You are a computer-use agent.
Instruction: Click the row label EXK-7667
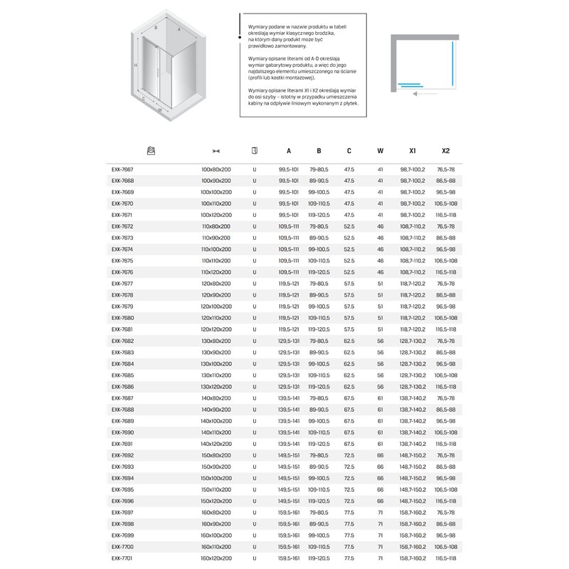[122, 169]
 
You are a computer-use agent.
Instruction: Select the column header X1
[413, 151]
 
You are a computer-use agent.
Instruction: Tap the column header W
[381, 151]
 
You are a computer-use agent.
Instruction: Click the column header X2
[446, 151]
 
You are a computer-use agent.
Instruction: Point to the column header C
[349, 151]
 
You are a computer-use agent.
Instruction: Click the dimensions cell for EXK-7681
[216, 329]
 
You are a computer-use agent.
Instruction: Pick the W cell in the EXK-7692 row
[381, 455]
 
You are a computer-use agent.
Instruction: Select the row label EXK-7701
[122, 558]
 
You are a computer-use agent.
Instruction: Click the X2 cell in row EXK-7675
[446, 261]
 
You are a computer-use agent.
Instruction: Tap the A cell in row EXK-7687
[288, 398]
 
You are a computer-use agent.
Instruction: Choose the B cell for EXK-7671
[319, 215]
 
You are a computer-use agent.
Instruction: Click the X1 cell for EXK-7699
[413, 536]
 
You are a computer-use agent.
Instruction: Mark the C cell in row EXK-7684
[349, 364]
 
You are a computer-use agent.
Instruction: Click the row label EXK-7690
[122, 432]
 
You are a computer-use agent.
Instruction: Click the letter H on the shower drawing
[135, 65]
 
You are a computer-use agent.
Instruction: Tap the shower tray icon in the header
[151, 151]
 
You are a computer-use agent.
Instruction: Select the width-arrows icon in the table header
[216, 151]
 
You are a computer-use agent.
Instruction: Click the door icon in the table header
[255, 151]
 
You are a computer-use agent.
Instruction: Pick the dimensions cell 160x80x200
[216, 513]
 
